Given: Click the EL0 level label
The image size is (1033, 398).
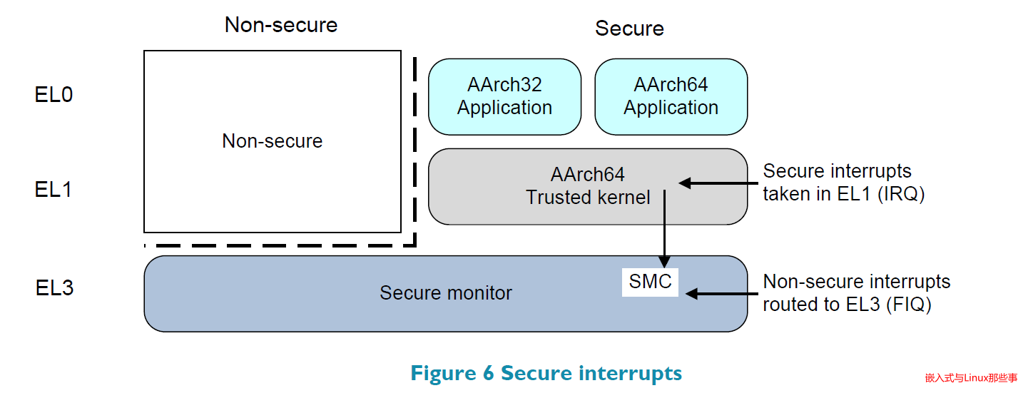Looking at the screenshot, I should click(x=54, y=95).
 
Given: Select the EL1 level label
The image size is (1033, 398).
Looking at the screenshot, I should click(x=54, y=190).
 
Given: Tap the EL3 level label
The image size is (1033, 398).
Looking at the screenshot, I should click(x=54, y=288).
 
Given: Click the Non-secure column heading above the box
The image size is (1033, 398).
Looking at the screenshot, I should click(x=280, y=25).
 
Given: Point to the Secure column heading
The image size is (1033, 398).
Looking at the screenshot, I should click(x=629, y=29).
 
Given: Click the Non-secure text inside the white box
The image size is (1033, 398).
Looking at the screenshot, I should click(x=272, y=141).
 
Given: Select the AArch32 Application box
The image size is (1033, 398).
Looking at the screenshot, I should click(x=504, y=96).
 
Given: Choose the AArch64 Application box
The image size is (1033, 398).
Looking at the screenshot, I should click(x=671, y=96).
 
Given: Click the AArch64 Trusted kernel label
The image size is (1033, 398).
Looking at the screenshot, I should click(x=588, y=186).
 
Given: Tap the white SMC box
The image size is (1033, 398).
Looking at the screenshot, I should click(x=650, y=282).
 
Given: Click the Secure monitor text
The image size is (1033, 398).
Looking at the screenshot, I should click(x=445, y=293).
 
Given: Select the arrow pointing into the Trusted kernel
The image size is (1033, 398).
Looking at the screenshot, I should click(x=717, y=183).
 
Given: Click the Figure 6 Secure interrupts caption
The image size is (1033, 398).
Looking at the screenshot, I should click(x=546, y=373).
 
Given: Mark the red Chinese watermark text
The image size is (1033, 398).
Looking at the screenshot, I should click(x=971, y=378).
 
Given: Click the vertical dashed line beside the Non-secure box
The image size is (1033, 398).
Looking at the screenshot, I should click(x=415, y=150).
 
